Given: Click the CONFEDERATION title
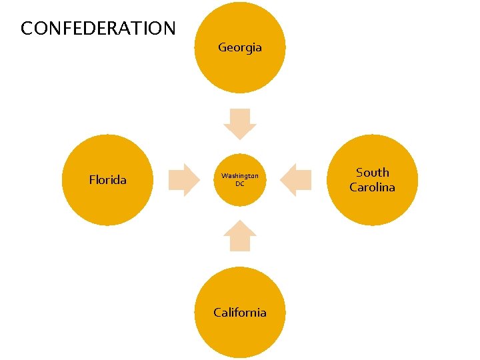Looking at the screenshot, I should coord(98,29).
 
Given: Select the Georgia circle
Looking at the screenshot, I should coord(239,48).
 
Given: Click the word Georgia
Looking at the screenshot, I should coord(239,47).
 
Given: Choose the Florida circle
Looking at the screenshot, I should coord(107,180).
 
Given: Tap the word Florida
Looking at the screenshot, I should coord(107,179).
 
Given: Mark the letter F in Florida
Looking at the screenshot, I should coord(92,179).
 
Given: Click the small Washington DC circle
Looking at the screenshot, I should coord(239,180).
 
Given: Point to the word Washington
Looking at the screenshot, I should coord(239,176).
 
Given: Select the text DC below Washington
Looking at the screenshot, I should coord(239,184).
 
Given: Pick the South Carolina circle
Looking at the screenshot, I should coord(372,180).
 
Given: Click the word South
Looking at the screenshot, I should coord(372,173).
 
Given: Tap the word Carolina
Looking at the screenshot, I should coord(372,187).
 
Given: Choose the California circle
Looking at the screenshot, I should coord(239,313).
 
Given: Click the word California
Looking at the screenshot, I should coord(239,313).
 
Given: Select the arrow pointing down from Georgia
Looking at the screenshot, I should coord(239,123).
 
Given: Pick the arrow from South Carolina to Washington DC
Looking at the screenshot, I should coord(296,180).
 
